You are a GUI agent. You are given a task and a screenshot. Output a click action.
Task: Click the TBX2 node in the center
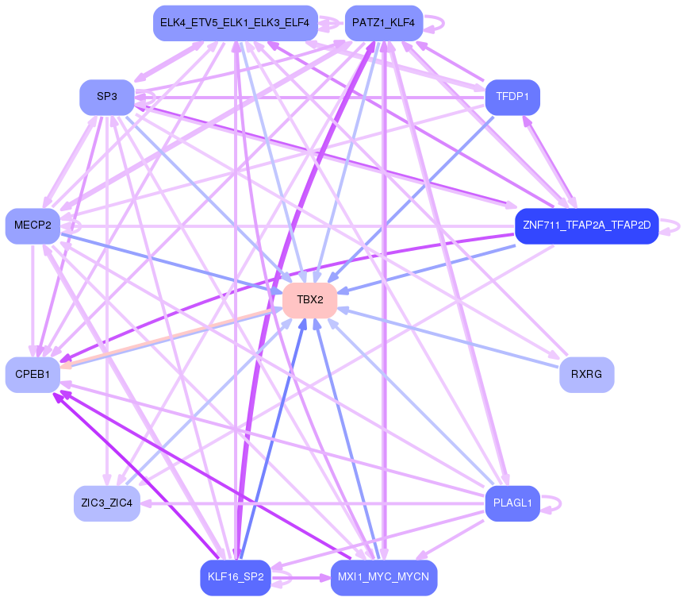pos(310,300)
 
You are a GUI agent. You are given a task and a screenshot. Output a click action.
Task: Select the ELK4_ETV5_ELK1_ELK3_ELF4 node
pos(235,23)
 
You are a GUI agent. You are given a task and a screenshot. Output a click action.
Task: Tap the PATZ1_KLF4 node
pos(384,23)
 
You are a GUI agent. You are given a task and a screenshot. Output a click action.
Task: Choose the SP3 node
pos(107,97)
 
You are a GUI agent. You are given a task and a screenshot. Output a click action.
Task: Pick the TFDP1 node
pos(512,97)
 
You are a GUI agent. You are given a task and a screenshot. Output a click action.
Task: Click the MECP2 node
pos(33,226)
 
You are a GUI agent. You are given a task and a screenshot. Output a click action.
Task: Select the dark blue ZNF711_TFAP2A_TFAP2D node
pos(586,226)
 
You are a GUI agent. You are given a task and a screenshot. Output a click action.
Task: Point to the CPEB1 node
pos(33,374)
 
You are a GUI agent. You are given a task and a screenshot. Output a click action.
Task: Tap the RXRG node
pos(586,374)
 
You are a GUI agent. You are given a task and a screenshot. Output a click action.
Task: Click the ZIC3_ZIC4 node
pos(107,503)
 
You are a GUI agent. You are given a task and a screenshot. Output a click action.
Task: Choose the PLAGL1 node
pos(512,503)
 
